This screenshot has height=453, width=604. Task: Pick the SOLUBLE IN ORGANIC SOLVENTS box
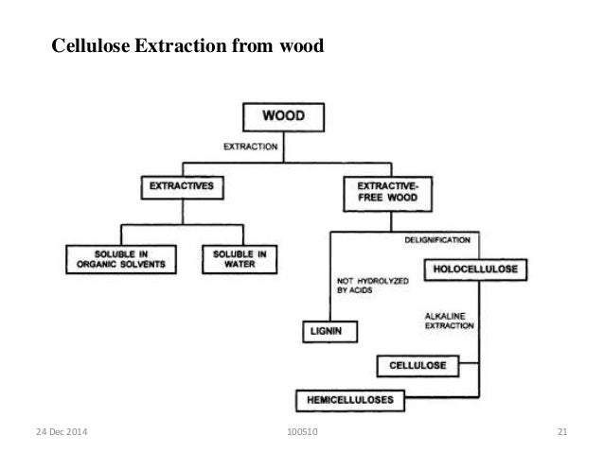(x=120, y=259)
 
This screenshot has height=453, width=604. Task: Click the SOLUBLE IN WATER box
(x=239, y=259)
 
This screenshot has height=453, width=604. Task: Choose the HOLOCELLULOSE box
(x=476, y=270)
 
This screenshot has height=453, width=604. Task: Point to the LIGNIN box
(x=325, y=332)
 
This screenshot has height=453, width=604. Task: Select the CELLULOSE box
(x=417, y=364)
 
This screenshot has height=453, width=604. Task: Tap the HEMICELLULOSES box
(x=349, y=400)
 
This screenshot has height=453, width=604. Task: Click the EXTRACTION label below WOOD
(x=250, y=147)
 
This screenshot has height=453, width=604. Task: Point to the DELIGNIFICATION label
(x=436, y=241)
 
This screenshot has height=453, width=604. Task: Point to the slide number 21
(x=562, y=433)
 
